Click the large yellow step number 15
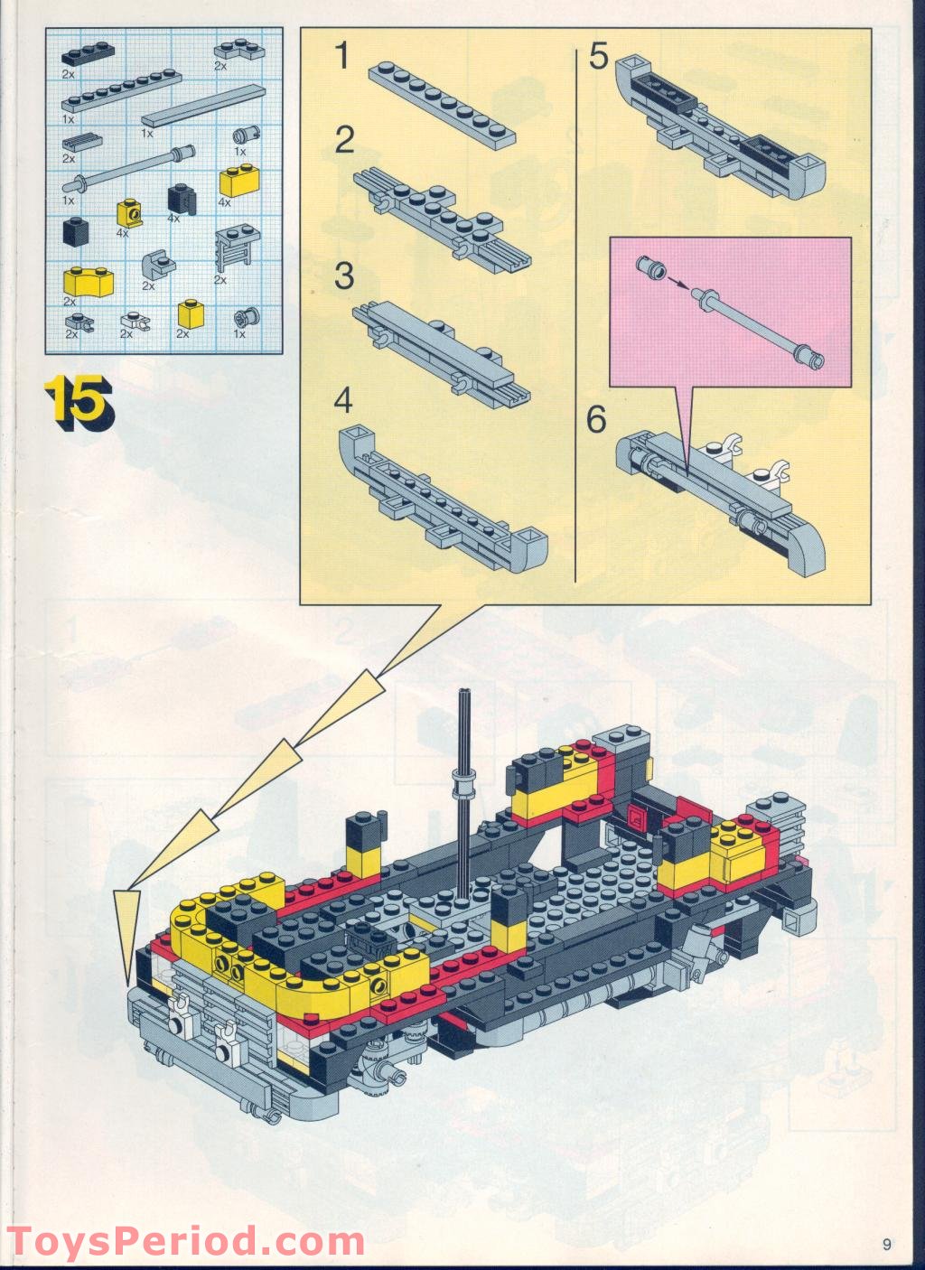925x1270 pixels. [x=79, y=403]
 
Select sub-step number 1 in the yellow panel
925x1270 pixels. [x=342, y=57]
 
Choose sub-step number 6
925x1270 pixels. [x=596, y=420]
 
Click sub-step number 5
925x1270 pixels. [x=599, y=57]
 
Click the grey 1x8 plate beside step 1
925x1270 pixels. [x=442, y=106]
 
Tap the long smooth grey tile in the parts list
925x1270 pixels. [x=203, y=107]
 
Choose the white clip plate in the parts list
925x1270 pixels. [x=135, y=322]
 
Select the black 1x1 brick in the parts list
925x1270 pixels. [x=76, y=230]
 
